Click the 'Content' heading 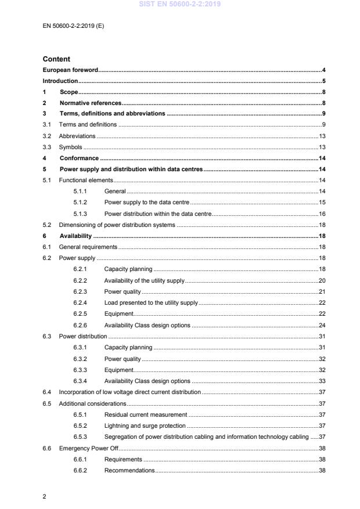(56, 59)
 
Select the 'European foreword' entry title (70, 70)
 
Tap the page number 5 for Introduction (323, 81)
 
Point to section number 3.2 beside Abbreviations (47, 136)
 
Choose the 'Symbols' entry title (70, 147)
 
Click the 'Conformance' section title (79, 158)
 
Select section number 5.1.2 (80, 202)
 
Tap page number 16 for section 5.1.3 (322, 214)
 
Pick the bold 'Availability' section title (75, 236)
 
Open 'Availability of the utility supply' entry (144, 280)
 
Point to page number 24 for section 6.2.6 (322, 325)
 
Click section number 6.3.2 (80, 359)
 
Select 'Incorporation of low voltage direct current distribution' (129, 392)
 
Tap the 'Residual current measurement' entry (145, 414)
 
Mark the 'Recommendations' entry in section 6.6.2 (129, 470)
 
